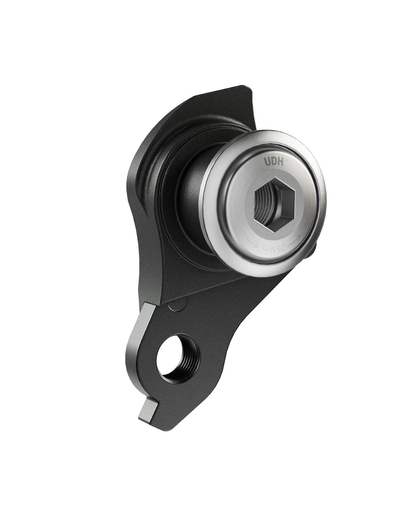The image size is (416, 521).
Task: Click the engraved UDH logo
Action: pyautogui.click(x=274, y=162)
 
